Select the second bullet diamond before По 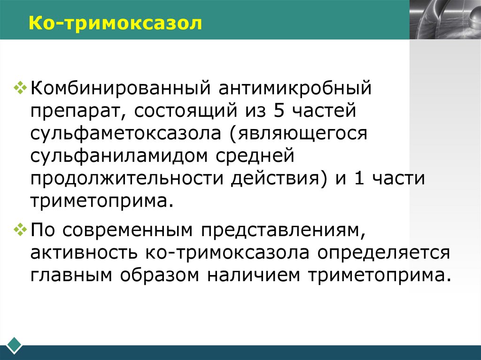[x=21, y=230]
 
